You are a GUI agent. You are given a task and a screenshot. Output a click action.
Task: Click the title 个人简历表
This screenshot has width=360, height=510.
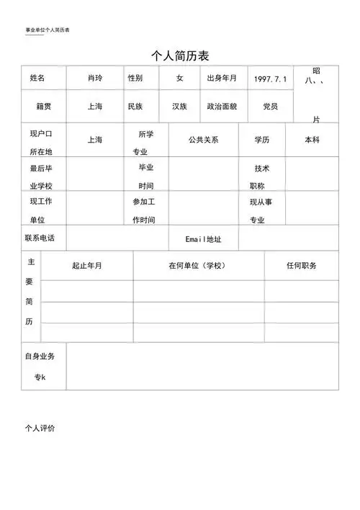tap(179, 55)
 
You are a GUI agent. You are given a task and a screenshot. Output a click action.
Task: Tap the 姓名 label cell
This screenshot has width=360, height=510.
tap(37, 78)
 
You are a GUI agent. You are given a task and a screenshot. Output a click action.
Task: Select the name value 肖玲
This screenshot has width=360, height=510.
tap(95, 78)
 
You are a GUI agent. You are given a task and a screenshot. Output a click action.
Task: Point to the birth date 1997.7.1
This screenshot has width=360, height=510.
tap(270, 79)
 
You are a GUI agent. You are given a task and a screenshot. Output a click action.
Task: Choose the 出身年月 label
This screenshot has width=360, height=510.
tap(222, 78)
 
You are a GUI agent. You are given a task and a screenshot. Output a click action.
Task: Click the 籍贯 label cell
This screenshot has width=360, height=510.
tap(44, 107)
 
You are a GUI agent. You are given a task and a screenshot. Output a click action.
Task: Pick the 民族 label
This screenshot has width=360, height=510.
tap(135, 107)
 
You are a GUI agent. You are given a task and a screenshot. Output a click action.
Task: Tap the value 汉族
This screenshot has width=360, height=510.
tap(179, 107)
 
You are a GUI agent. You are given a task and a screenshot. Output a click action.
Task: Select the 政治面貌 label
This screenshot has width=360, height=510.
tap(222, 107)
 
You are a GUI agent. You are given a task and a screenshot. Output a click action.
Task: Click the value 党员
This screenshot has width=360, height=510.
tap(270, 107)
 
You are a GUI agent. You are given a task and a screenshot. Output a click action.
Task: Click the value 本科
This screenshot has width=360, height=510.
tap(312, 140)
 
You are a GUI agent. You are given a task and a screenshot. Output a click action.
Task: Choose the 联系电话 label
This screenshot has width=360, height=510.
tap(40, 238)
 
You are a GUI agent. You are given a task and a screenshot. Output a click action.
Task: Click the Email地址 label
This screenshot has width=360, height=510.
tap(204, 238)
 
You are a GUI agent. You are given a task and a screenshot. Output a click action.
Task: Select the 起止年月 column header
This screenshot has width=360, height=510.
tap(87, 266)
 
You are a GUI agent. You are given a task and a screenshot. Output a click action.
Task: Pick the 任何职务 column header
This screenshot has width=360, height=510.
tap(301, 266)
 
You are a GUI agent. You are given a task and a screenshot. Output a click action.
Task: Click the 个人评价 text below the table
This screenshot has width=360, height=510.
tap(40, 428)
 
